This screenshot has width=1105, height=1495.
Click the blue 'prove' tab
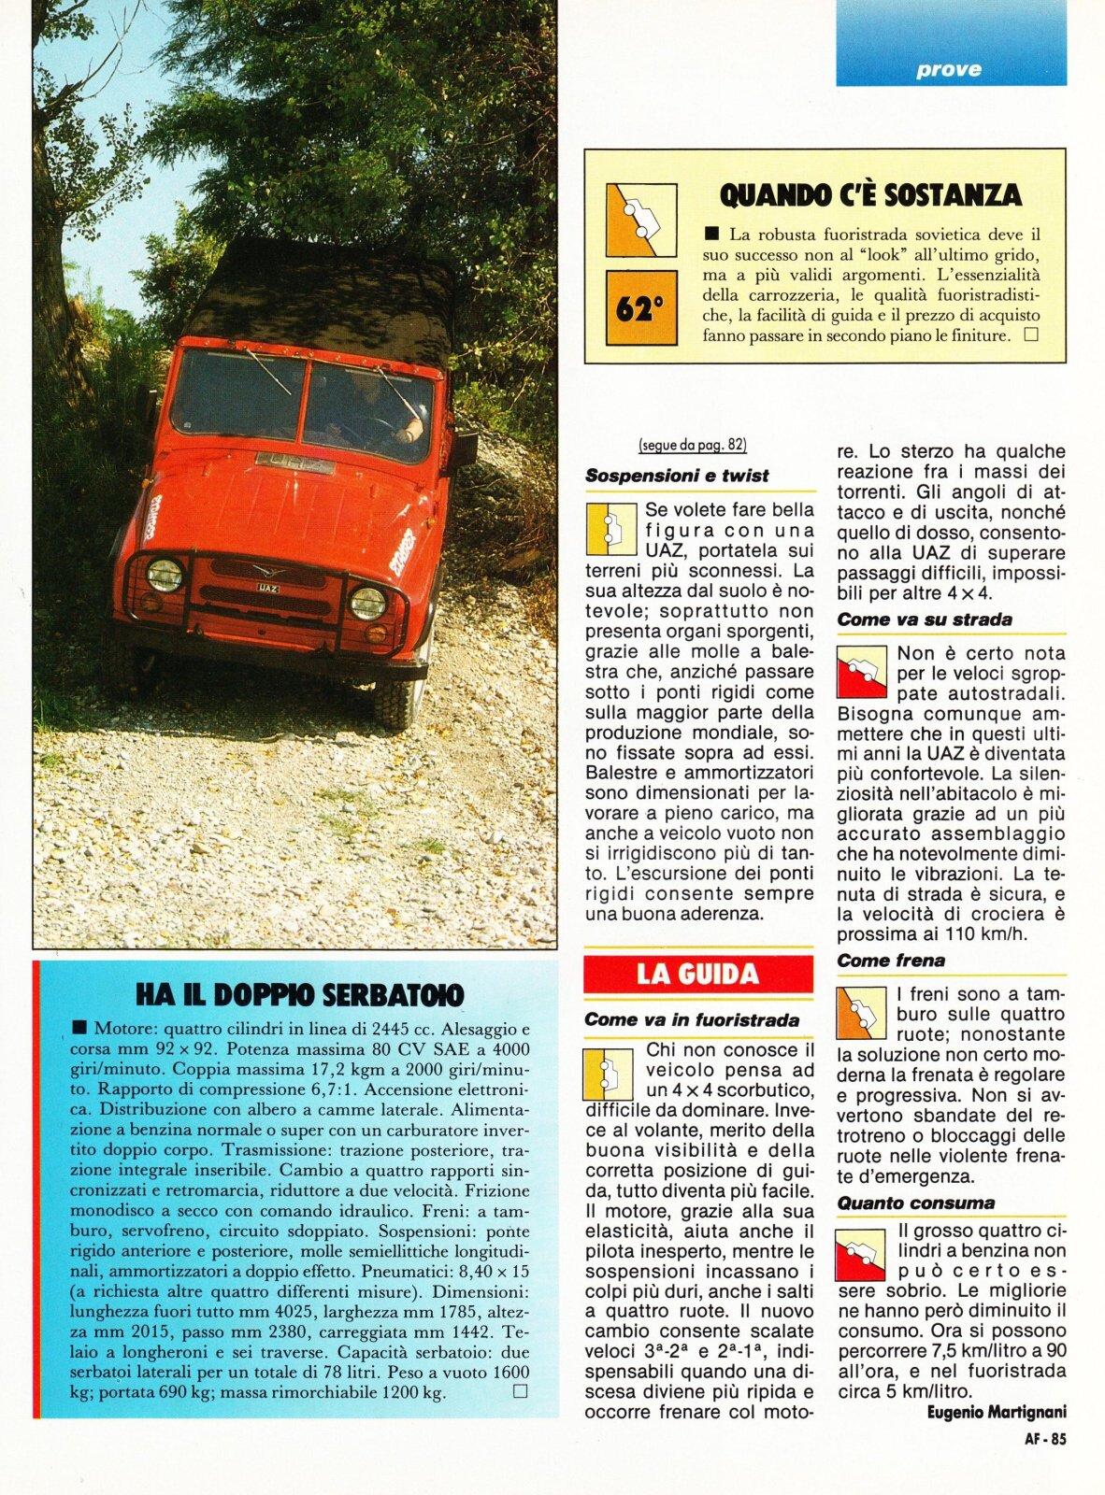(950, 68)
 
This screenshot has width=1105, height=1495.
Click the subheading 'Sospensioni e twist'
(677, 476)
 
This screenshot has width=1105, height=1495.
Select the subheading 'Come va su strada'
(925, 619)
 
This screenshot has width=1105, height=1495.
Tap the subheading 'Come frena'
(891, 961)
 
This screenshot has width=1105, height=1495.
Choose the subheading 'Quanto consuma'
(915, 1203)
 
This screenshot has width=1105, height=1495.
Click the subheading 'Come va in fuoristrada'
(692, 1020)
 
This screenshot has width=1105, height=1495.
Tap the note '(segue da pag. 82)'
(693, 445)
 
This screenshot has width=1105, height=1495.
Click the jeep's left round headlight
(165, 576)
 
